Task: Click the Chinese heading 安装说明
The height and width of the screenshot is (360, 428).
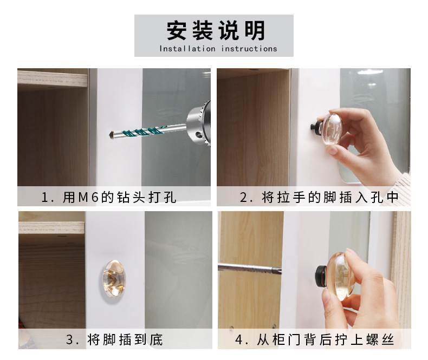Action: (x=214, y=31)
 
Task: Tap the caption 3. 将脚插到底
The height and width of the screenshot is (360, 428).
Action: (x=114, y=340)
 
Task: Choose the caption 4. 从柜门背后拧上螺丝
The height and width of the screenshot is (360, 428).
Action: (x=314, y=340)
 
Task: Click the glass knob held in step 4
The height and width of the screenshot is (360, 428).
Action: (x=340, y=274)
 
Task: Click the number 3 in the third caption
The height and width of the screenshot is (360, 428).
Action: (x=69, y=340)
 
